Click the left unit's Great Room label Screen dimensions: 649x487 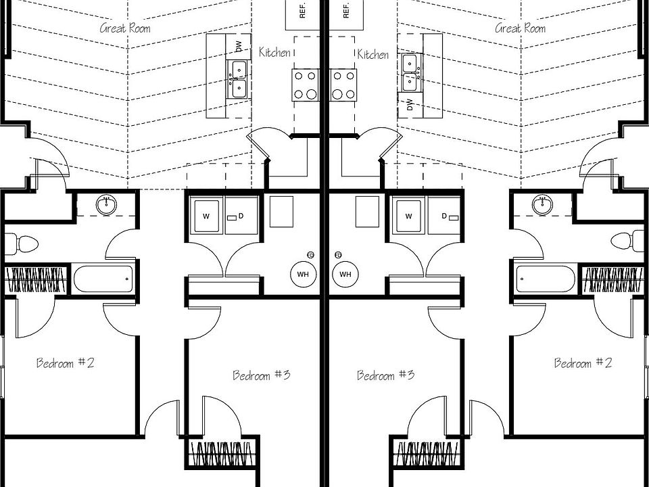tap(125, 28)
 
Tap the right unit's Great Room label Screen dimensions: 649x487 tap(521, 28)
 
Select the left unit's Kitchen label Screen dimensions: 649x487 tap(274, 52)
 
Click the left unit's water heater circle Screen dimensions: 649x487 tap(304, 274)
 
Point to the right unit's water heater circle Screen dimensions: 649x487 tap(345, 274)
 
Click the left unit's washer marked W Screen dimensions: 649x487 tap(206, 216)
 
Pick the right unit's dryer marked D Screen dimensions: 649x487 tap(444, 216)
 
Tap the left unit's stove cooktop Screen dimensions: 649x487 tap(306, 85)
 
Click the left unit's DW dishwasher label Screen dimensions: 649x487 tap(239, 47)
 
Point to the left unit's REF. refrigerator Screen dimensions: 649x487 tap(303, 15)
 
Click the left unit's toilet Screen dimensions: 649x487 tap(21, 244)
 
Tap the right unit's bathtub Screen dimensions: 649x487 tap(546, 279)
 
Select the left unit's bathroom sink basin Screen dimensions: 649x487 tap(106, 204)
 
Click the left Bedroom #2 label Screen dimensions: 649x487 tap(66, 363)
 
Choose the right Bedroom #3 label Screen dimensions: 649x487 tap(385, 375)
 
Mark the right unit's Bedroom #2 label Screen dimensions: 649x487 tap(583, 363)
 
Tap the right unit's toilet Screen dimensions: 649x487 tap(627, 241)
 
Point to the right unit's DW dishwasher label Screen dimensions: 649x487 tap(410, 104)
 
